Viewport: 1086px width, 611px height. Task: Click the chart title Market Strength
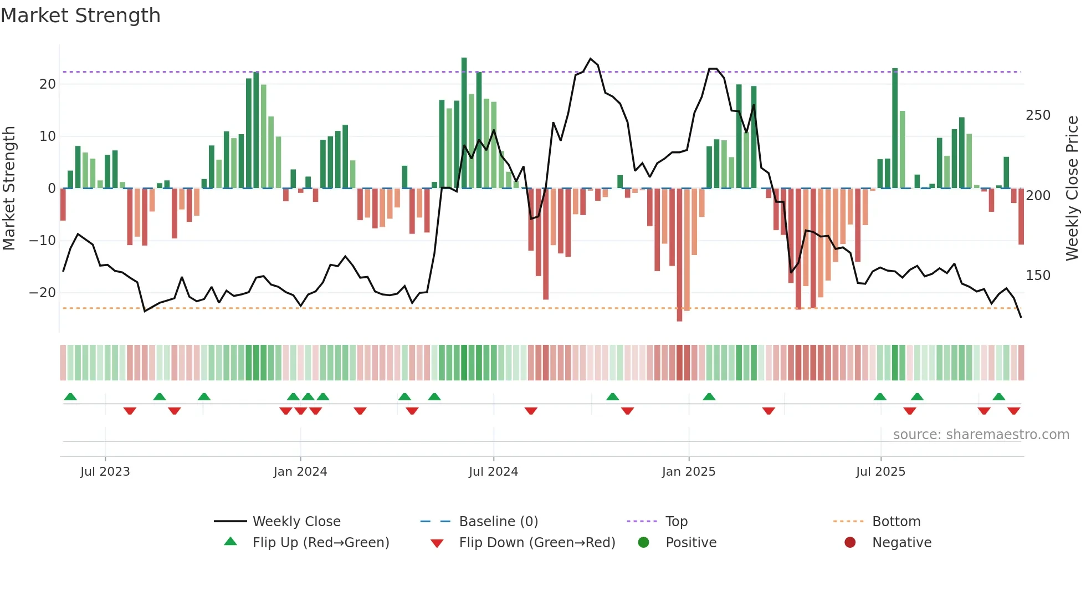click(x=80, y=16)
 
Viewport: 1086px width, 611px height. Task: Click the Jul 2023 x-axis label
click(x=105, y=472)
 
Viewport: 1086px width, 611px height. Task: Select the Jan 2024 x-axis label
click(x=300, y=472)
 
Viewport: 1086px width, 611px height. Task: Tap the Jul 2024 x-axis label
click(x=493, y=472)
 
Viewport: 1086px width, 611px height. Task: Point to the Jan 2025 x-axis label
click(x=689, y=472)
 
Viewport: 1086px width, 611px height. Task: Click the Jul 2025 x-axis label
click(x=880, y=472)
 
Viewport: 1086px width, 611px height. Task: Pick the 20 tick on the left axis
click(x=48, y=84)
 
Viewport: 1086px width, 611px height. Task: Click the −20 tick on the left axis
click(x=43, y=293)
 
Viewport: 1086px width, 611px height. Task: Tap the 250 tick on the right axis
click(x=1038, y=115)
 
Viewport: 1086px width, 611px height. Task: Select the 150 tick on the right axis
click(x=1038, y=276)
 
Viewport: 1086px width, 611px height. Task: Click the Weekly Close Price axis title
click(x=1072, y=189)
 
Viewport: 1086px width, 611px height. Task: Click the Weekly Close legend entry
click(x=296, y=522)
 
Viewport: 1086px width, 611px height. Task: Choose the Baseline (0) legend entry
click(x=498, y=522)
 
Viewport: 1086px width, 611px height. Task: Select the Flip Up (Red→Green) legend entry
click(x=320, y=543)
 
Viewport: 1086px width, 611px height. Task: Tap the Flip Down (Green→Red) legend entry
click(x=536, y=543)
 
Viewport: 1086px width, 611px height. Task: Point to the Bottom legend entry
click(x=896, y=522)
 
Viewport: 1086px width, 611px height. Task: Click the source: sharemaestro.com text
click(x=981, y=435)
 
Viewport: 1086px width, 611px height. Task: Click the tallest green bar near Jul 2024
click(x=464, y=122)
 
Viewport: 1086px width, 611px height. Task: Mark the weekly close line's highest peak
click(x=591, y=59)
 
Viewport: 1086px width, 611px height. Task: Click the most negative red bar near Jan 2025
click(x=680, y=255)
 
